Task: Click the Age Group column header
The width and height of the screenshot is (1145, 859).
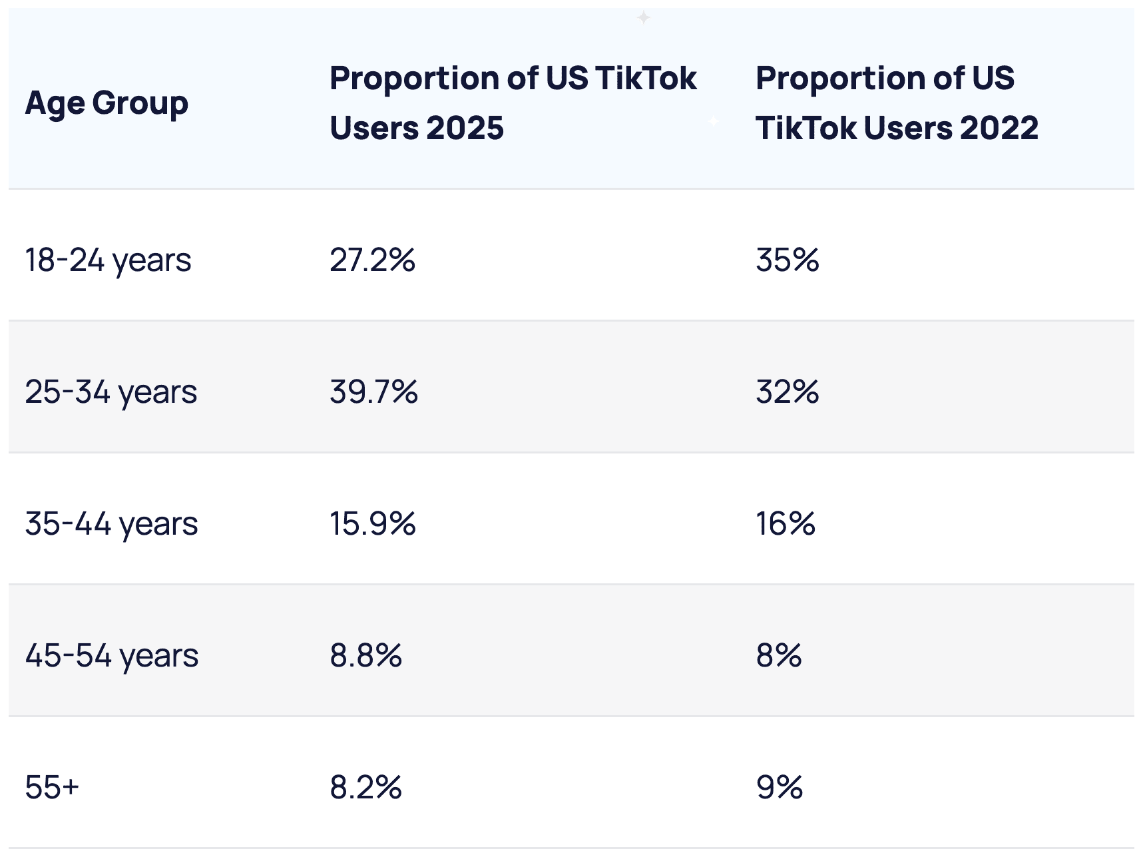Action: pyautogui.click(x=107, y=103)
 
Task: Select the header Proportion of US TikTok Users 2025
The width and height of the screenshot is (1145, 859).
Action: pyautogui.click(x=513, y=103)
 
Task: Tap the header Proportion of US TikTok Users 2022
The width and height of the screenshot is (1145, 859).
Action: pyautogui.click(x=896, y=103)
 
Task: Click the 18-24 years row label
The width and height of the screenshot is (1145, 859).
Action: pyautogui.click(x=108, y=260)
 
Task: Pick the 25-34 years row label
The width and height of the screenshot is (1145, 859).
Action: pyautogui.click(x=111, y=392)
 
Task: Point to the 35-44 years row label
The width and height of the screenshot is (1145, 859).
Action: pyautogui.click(x=111, y=523)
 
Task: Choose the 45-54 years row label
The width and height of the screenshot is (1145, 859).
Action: pyautogui.click(x=111, y=655)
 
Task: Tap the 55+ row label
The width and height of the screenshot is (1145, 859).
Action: pyautogui.click(x=52, y=787)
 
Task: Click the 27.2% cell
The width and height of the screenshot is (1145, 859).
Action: pyautogui.click(x=372, y=260)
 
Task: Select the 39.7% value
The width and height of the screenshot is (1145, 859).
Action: pyautogui.click(x=373, y=392)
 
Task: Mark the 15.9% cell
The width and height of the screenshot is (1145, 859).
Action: pyautogui.click(x=372, y=523)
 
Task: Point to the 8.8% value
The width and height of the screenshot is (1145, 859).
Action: pyautogui.click(x=365, y=655)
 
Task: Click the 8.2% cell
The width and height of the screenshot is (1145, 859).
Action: pyautogui.click(x=365, y=787)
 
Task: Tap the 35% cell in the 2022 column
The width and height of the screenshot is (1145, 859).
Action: pyautogui.click(x=787, y=260)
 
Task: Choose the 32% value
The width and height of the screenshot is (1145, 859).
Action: pyautogui.click(x=787, y=392)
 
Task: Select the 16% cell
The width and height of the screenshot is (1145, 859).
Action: pyautogui.click(x=785, y=523)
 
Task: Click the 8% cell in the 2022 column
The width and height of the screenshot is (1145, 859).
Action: pyautogui.click(x=778, y=655)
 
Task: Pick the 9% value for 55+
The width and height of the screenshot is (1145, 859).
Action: pyautogui.click(x=779, y=787)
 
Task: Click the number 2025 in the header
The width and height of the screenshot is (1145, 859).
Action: pyautogui.click(x=465, y=127)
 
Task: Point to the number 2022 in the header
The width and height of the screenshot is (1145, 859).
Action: pyautogui.click(x=999, y=127)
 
